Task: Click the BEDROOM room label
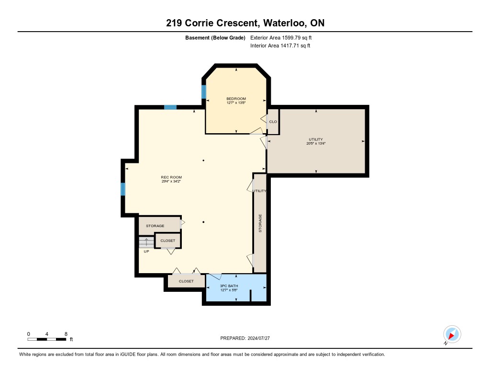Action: [x=236, y=99]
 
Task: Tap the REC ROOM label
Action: [x=171, y=177]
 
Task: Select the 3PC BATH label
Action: [x=229, y=286]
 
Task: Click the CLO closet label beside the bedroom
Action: [x=273, y=122]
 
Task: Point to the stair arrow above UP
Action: [x=146, y=242]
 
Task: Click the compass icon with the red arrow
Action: [x=452, y=334]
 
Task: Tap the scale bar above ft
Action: [x=46, y=339]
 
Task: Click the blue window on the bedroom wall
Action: [x=204, y=92]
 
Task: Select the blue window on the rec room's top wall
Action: [x=170, y=107]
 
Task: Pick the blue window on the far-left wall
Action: [x=123, y=189]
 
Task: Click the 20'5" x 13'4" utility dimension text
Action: [x=316, y=143]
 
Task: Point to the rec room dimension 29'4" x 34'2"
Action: [x=171, y=181]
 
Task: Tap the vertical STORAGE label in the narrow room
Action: [x=260, y=223]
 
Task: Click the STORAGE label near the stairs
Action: [x=155, y=226]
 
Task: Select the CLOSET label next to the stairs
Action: [x=168, y=241]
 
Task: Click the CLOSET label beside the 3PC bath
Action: [x=186, y=281]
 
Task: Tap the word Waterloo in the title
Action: [x=285, y=23]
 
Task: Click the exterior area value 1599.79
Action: [x=291, y=37]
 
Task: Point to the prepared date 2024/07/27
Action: [x=259, y=338]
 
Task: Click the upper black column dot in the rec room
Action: [x=203, y=161]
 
